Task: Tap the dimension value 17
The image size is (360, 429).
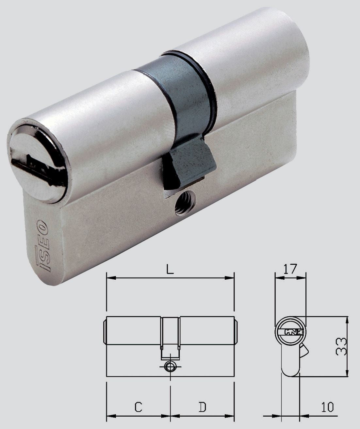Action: pyautogui.click(x=290, y=269)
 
